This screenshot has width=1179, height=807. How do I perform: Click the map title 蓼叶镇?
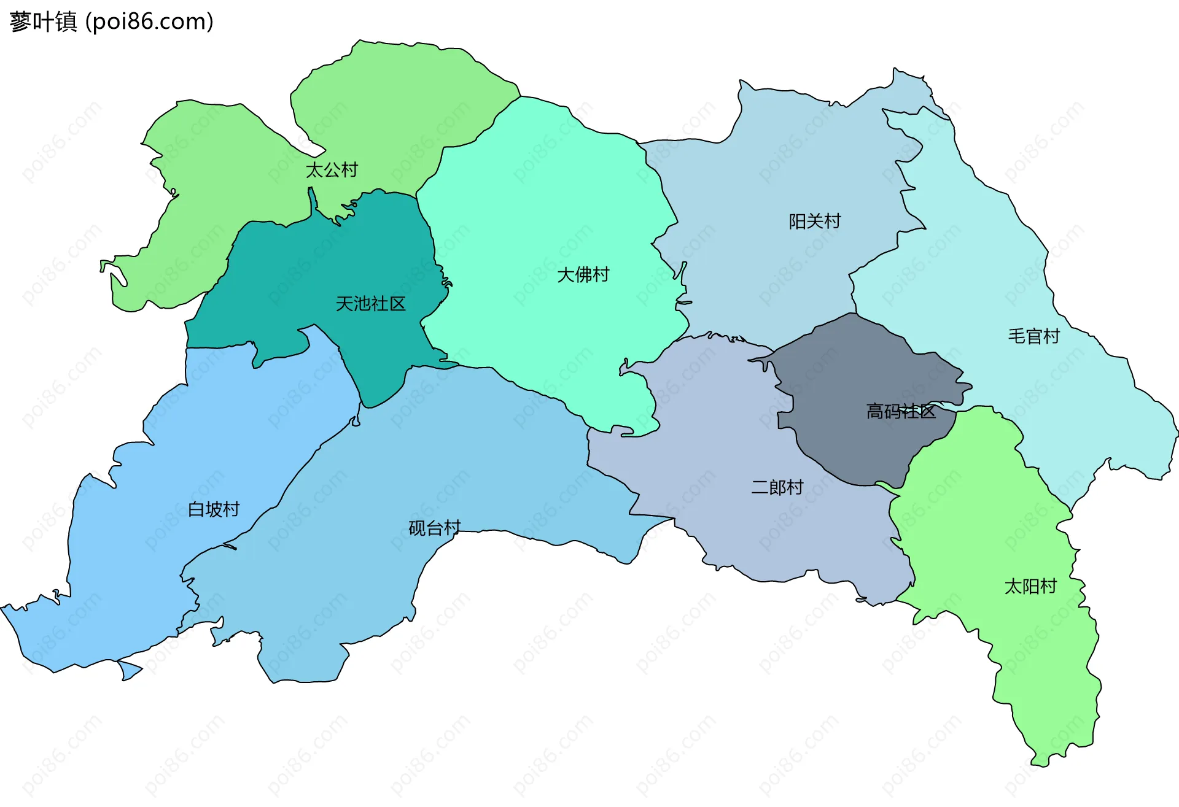click(x=43, y=22)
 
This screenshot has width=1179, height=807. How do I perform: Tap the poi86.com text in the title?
click(x=149, y=22)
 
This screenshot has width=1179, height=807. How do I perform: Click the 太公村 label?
click(x=332, y=170)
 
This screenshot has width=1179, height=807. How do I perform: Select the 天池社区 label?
click(x=370, y=304)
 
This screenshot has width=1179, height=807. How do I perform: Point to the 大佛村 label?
click(x=583, y=275)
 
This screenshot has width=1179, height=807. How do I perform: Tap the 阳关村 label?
click(x=814, y=222)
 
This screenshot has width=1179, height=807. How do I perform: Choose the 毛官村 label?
click(x=1033, y=336)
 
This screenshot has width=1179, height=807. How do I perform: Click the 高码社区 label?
click(x=900, y=411)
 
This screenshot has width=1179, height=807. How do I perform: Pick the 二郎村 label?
click(x=777, y=487)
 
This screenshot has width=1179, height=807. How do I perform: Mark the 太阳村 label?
click(x=1030, y=587)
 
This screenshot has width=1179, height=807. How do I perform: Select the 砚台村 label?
click(x=434, y=528)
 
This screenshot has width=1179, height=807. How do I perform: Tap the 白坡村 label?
click(x=213, y=509)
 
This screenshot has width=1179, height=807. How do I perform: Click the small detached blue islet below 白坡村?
click(x=129, y=670)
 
